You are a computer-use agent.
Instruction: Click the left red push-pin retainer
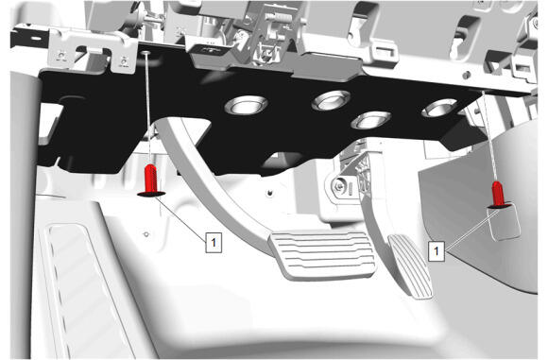tap(151, 180)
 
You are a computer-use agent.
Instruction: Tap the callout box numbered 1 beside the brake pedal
tap(214, 242)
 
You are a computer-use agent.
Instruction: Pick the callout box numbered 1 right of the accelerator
tap(437, 250)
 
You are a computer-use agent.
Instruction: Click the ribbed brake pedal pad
tap(322, 254)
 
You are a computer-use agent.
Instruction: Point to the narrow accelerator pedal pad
tap(410, 266)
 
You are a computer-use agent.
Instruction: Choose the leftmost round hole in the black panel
tap(247, 105)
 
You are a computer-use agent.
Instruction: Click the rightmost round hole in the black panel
tap(439, 108)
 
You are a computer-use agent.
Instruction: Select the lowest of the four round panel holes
tap(370, 120)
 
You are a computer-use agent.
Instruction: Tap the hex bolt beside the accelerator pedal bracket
tap(337, 186)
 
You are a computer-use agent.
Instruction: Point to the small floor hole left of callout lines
tap(146, 233)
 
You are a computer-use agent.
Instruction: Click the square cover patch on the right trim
tap(504, 223)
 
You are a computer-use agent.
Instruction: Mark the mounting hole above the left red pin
tap(146, 53)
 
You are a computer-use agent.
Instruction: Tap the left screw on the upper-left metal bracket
tap(61, 55)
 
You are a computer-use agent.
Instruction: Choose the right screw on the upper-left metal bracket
tap(123, 60)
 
